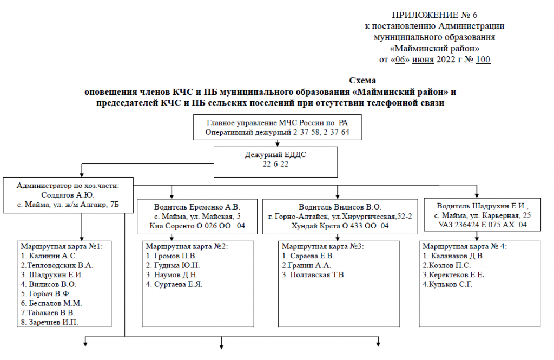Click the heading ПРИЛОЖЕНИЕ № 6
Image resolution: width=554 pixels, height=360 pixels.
point(434,15)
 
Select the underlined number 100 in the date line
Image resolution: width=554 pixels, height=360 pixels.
point(483,60)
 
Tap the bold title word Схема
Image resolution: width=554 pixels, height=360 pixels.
point(362,80)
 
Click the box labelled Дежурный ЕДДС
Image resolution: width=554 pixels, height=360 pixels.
point(275,162)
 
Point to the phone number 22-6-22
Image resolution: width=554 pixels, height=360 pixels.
point(275,164)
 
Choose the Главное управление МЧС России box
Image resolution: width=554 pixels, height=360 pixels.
point(278,127)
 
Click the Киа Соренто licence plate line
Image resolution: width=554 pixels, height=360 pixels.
point(197,226)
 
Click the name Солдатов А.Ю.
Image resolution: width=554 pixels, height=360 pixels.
point(68,195)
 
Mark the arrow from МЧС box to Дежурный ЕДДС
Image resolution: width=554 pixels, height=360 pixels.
point(278,143)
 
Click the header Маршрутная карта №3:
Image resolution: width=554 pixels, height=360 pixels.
point(322,246)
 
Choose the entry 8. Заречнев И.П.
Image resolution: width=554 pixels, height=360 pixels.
point(49,322)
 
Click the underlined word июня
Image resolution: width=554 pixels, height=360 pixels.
point(423,60)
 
